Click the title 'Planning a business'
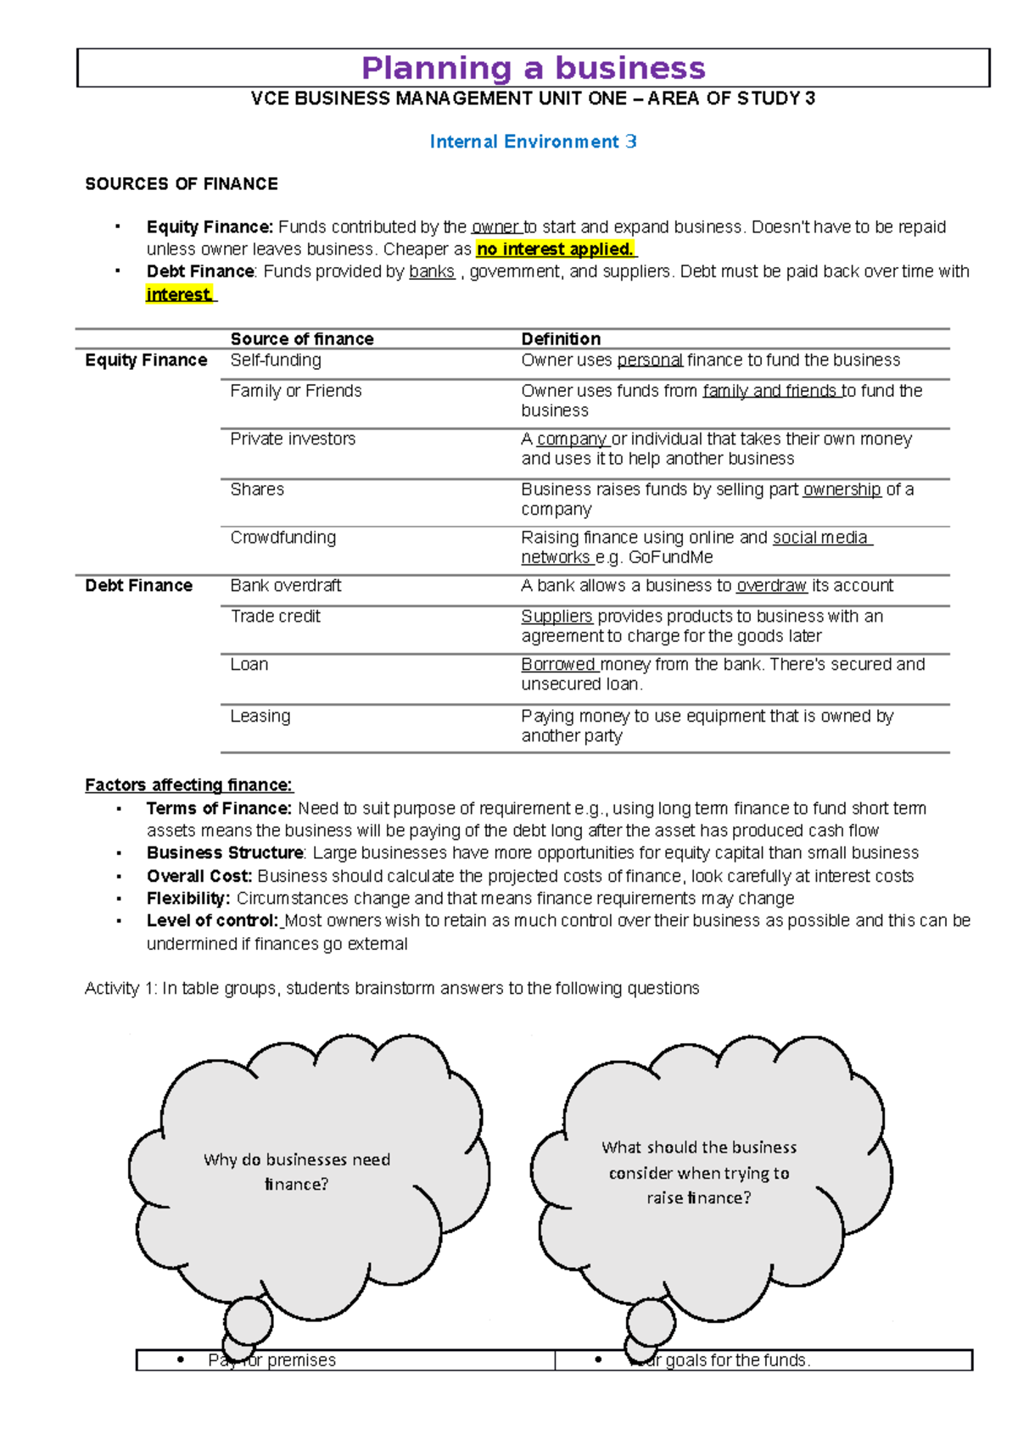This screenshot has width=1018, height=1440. [533, 68]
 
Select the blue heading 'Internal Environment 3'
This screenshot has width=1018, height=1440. [533, 142]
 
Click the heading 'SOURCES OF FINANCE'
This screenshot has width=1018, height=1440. [182, 184]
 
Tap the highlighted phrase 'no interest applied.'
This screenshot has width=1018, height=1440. [556, 249]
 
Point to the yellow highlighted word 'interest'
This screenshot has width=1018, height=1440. [179, 294]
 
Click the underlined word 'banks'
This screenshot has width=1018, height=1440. [431, 271]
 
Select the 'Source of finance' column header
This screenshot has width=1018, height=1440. [302, 338]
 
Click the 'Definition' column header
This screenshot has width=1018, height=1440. [561, 338]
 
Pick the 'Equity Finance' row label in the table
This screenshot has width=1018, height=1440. [146, 360]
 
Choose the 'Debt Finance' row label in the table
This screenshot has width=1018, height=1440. [138, 585]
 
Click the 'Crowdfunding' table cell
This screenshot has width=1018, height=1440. [283, 537]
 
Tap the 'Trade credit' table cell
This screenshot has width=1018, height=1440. [275, 616]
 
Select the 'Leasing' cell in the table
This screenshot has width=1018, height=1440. [260, 716]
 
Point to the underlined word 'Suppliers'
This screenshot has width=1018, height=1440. [557, 616]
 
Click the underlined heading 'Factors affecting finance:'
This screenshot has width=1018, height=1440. [188, 784]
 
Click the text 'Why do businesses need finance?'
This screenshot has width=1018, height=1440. [297, 1171]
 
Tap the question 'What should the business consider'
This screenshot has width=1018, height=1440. [699, 1159]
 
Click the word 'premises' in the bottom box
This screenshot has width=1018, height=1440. [302, 1360]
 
